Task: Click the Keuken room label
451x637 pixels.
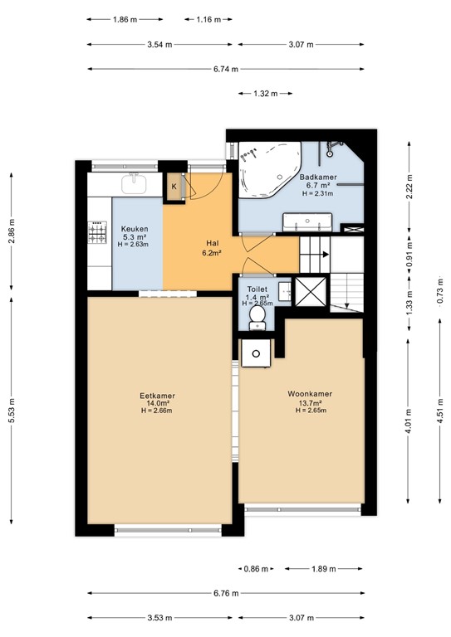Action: (135, 229)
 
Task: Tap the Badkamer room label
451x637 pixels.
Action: (318, 177)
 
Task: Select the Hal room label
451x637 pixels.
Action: (213, 243)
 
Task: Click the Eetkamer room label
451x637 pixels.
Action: (157, 396)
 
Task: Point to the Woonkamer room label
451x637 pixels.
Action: (310, 394)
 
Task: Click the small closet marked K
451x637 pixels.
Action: (174, 187)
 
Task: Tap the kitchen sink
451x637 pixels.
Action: (134, 183)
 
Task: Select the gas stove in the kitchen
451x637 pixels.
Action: (98, 232)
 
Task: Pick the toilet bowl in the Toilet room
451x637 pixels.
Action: (257, 318)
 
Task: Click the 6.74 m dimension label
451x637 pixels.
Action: (226, 69)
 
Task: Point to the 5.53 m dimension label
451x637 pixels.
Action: (12, 411)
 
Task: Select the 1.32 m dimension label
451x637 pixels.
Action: (266, 94)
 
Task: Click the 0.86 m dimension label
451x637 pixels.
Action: (256, 569)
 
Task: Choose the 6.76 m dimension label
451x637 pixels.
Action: (226, 593)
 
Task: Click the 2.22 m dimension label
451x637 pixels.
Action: (409, 187)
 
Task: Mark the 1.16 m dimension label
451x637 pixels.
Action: (208, 19)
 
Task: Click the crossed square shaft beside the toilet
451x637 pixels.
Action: (311, 292)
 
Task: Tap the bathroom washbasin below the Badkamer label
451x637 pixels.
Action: (308, 221)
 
